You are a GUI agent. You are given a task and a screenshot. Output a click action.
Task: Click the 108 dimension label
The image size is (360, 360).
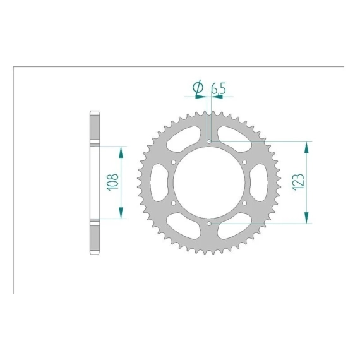[112, 182]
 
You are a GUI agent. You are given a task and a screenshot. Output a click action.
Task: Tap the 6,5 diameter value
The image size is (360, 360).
[219, 88]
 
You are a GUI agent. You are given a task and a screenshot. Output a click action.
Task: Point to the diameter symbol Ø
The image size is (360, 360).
[198, 88]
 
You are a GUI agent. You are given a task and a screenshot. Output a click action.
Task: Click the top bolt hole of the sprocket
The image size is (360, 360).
[209, 141]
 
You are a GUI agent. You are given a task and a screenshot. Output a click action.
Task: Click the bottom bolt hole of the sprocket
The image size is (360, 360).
[209, 224]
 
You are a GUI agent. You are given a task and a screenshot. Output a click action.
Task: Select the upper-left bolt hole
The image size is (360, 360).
[174, 162]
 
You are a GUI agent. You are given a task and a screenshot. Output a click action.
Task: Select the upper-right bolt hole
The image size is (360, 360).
[244, 162]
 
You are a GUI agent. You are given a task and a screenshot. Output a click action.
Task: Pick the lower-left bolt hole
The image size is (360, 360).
[174, 203]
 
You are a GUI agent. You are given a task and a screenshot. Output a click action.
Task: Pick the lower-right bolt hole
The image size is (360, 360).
[244, 203]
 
